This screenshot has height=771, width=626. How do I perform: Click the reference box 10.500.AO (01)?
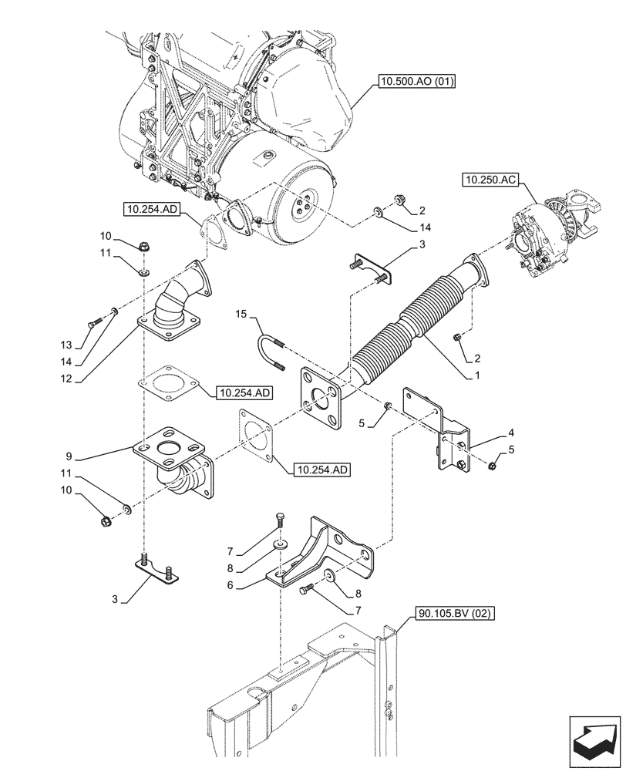416,79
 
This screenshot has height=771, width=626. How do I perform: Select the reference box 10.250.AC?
490,180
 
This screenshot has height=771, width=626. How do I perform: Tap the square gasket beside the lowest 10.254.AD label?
255,436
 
